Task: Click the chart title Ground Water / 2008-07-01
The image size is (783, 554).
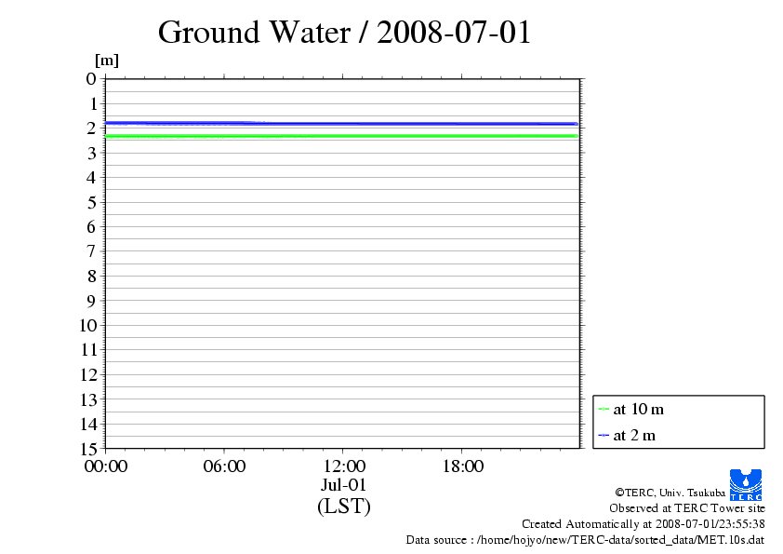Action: click(x=344, y=32)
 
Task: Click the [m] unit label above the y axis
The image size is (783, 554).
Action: click(x=107, y=61)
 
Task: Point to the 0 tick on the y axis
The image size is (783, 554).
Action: click(x=91, y=79)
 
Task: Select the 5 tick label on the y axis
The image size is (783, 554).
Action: click(x=91, y=202)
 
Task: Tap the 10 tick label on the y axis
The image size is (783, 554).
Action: click(x=86, y=326)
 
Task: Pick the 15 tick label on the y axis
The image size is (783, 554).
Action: click(x=86, y=449)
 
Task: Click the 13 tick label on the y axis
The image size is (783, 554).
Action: click(x=86, y=399)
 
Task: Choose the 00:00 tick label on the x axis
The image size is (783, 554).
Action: click(x=105, y=466)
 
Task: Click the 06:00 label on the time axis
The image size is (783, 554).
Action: click(x=224, y=466)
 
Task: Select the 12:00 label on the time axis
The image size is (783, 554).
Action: click(x=343, y=466)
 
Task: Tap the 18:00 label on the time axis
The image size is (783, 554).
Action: click(x=462, y=466)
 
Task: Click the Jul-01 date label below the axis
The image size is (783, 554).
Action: click(x=343, y=485)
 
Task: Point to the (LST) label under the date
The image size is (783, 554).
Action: click(x=343, y=507)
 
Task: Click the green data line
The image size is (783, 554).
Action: click(x=372, y=136)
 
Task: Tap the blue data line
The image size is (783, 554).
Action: click(x=372, y=123)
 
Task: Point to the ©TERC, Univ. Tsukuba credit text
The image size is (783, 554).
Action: click(x=670, y=493)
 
